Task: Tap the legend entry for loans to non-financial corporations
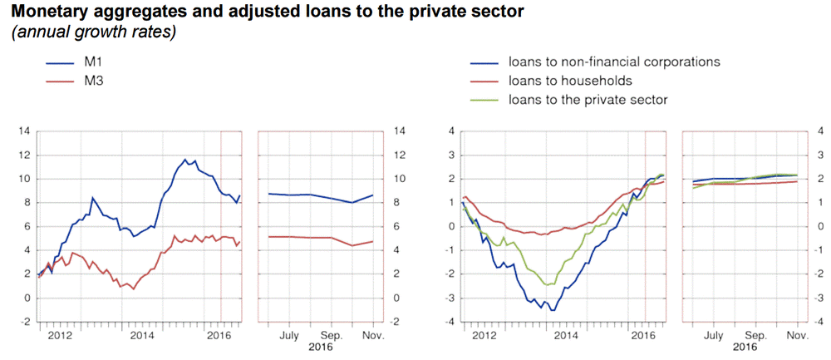tap(614, 62)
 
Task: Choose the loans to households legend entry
tap(570, 81)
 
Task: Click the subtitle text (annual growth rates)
tap(92, 33)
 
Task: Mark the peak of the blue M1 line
tap(185, 159)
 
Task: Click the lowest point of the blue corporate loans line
tap(553, 310)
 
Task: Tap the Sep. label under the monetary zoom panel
tap(332, 335)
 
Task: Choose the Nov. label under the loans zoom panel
tap(796, 335)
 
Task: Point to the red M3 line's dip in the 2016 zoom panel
tap(352, 245)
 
